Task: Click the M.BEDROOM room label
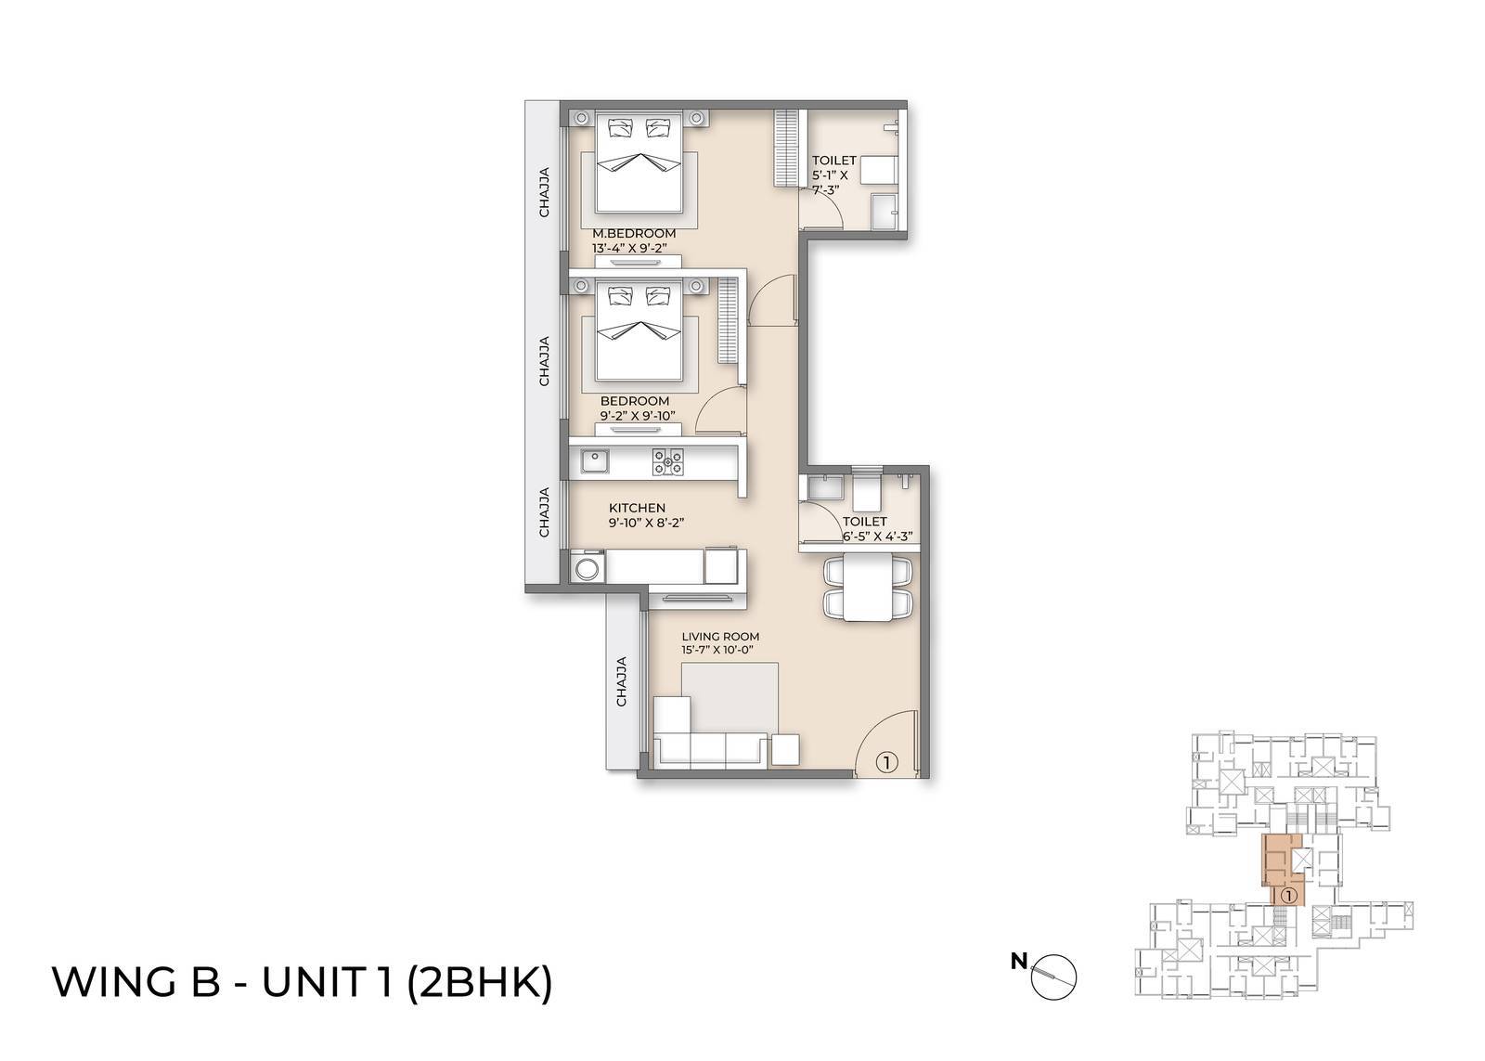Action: tap(634, 233)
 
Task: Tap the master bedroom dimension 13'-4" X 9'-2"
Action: tap(634, 248)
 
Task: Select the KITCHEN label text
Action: tap(637, 508)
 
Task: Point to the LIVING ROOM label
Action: tap(720, 637)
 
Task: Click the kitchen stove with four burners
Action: tap(667, 461)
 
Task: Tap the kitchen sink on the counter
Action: tap(593, 459)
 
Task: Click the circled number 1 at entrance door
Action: tap(886, 762)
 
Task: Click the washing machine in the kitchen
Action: tap(587, 567)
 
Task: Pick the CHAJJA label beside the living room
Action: tap(622, 681)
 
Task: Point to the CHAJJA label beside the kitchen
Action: tap(545, 512)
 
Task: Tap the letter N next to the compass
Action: tap(1019, 962)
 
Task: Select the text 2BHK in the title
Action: tap(480, 982)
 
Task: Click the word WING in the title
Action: tap(111, 982)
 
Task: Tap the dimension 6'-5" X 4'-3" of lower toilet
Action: tap(878, 536)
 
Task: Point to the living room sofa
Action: tap(712, 747)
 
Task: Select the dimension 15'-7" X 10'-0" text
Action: tap(716, 651)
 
